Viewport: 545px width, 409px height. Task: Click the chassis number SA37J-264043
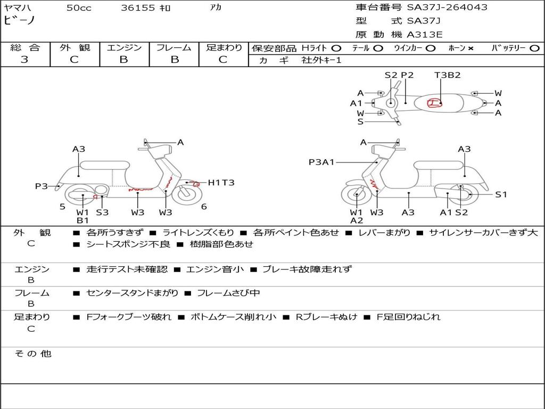(447, 7)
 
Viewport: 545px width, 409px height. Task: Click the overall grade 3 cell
(24, 60)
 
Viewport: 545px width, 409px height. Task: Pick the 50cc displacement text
(79, 8)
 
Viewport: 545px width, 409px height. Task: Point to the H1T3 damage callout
(221, 183)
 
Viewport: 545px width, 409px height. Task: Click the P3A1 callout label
(321, 162)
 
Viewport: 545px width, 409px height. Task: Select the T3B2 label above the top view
(447, 75)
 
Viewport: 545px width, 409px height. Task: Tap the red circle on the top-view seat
(435, 103)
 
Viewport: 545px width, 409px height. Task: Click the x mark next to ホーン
(470, 48)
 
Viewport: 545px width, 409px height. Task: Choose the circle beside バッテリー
(534, 48)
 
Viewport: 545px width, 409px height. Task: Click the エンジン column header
(124, 47)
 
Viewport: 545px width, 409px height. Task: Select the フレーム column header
(174, 47)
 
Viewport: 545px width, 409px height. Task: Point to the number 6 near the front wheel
(204, 207)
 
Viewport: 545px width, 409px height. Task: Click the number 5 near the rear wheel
(62, 206)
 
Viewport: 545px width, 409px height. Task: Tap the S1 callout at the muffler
(501, 194)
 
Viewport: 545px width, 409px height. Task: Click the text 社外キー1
(321, 60)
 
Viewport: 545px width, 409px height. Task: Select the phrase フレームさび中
(228, 293)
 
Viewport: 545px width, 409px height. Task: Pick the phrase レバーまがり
(384, 233)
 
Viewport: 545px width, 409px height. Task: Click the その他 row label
(33, 354)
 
